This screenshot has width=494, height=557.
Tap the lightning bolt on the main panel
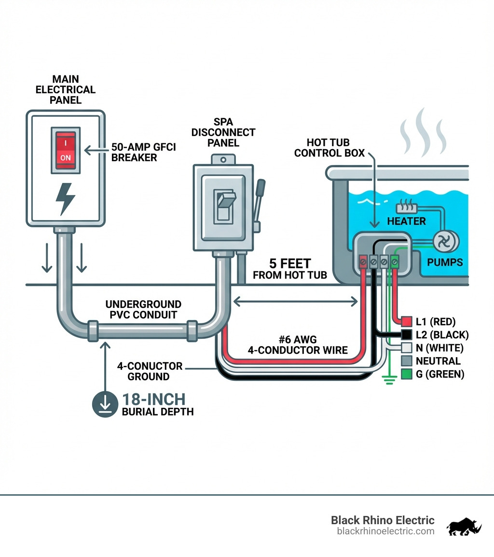(65, 198)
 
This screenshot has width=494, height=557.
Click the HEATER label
(407, 222)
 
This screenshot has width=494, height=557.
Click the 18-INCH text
(153, 399)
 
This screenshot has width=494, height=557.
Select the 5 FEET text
(290, 264)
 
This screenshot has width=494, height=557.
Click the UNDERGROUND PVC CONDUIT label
(144, 310)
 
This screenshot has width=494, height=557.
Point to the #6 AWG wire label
(298, 345)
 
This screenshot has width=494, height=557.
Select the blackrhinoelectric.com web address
(385, 531)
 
